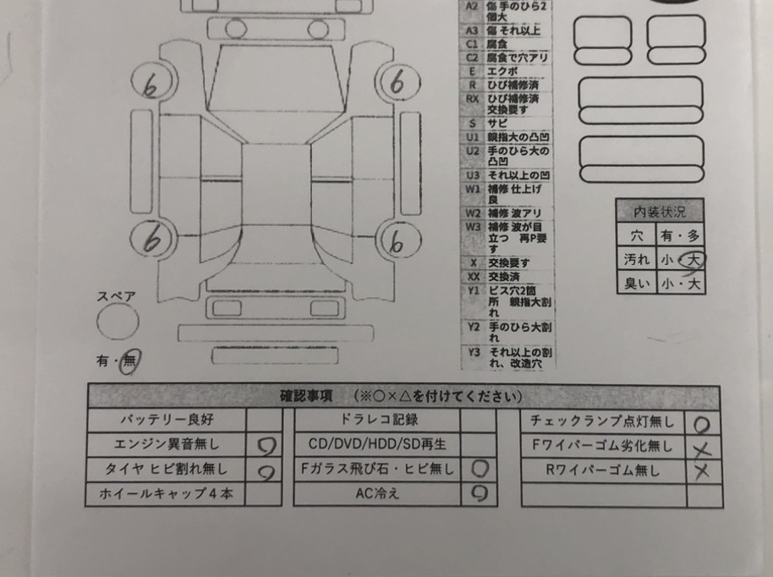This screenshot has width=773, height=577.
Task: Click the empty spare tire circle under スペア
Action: click(x=117, y=322)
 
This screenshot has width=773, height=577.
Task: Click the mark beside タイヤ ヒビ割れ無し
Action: click(x=264, y=470)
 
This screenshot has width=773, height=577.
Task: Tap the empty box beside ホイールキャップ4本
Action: click(x=264, y=494)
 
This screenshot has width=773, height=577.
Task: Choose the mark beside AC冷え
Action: click(x=479, y=494)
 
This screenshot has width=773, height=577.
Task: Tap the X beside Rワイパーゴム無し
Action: click(x=702, y=471)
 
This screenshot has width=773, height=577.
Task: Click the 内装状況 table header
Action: click(x=660, y=212)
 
